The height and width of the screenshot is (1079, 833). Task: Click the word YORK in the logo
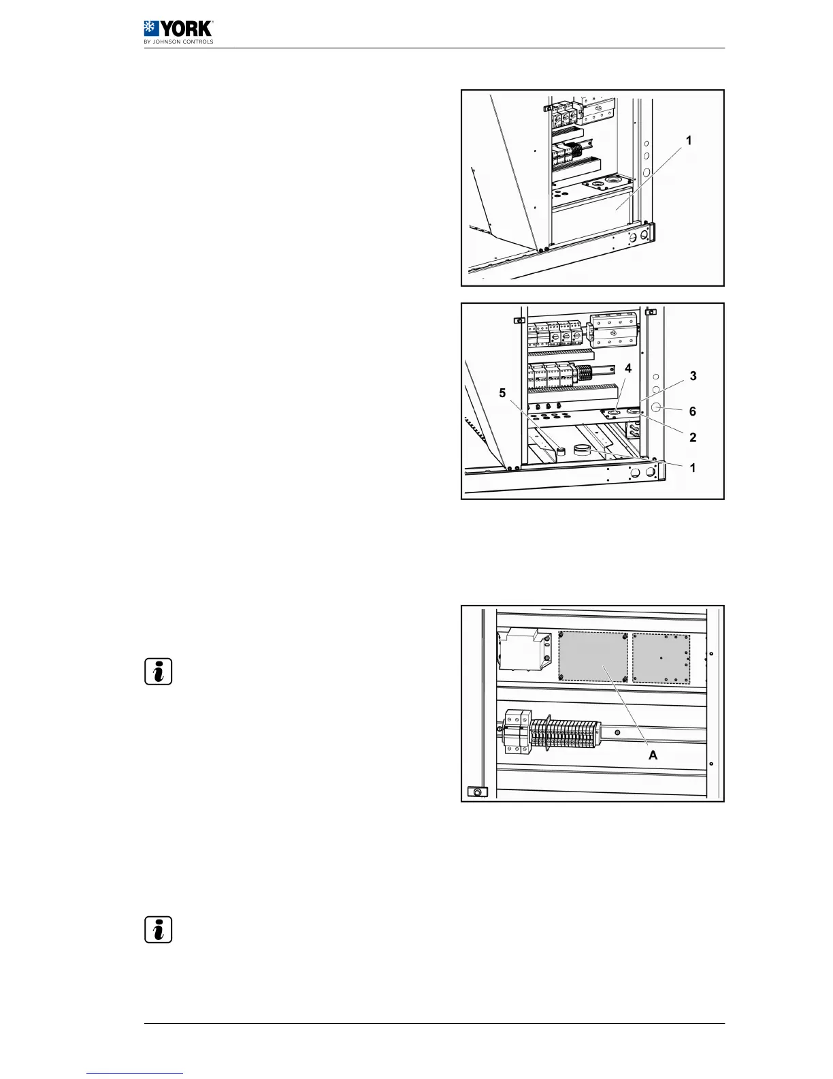click(x=186, y=29)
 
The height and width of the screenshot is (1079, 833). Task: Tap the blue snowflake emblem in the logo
click(x=150, y=28)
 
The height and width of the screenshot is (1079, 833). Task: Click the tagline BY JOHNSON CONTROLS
click(x=178, y=42)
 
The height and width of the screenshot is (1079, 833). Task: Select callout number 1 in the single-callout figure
click(x=689, y=140)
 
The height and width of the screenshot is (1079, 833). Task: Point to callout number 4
click(x=628, y=368)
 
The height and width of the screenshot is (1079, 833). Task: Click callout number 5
click(x=503, y=393)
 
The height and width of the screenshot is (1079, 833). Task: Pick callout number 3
click(x=693, y=375)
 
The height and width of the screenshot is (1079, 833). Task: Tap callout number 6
click(x=693, y=411)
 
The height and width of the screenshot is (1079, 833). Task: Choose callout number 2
click(x=693, y=437)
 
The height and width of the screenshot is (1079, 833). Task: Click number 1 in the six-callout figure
click(x=693, y=468)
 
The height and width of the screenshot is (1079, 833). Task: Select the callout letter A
click(x=653, y=755)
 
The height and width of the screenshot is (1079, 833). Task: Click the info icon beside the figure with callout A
click(x=159, y=672)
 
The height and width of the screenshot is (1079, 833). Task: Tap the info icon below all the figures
click(x=159, y=930)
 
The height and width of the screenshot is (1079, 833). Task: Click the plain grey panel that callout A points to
click(x=593, y=656)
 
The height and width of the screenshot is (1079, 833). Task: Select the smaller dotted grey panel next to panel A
click(x=661, y=658)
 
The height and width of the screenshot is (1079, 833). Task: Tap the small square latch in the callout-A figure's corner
click(x=477, y=792)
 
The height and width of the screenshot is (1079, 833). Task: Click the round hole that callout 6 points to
click(x=657, y=408)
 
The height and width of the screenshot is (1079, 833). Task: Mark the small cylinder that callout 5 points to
click(x=561, y=452)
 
